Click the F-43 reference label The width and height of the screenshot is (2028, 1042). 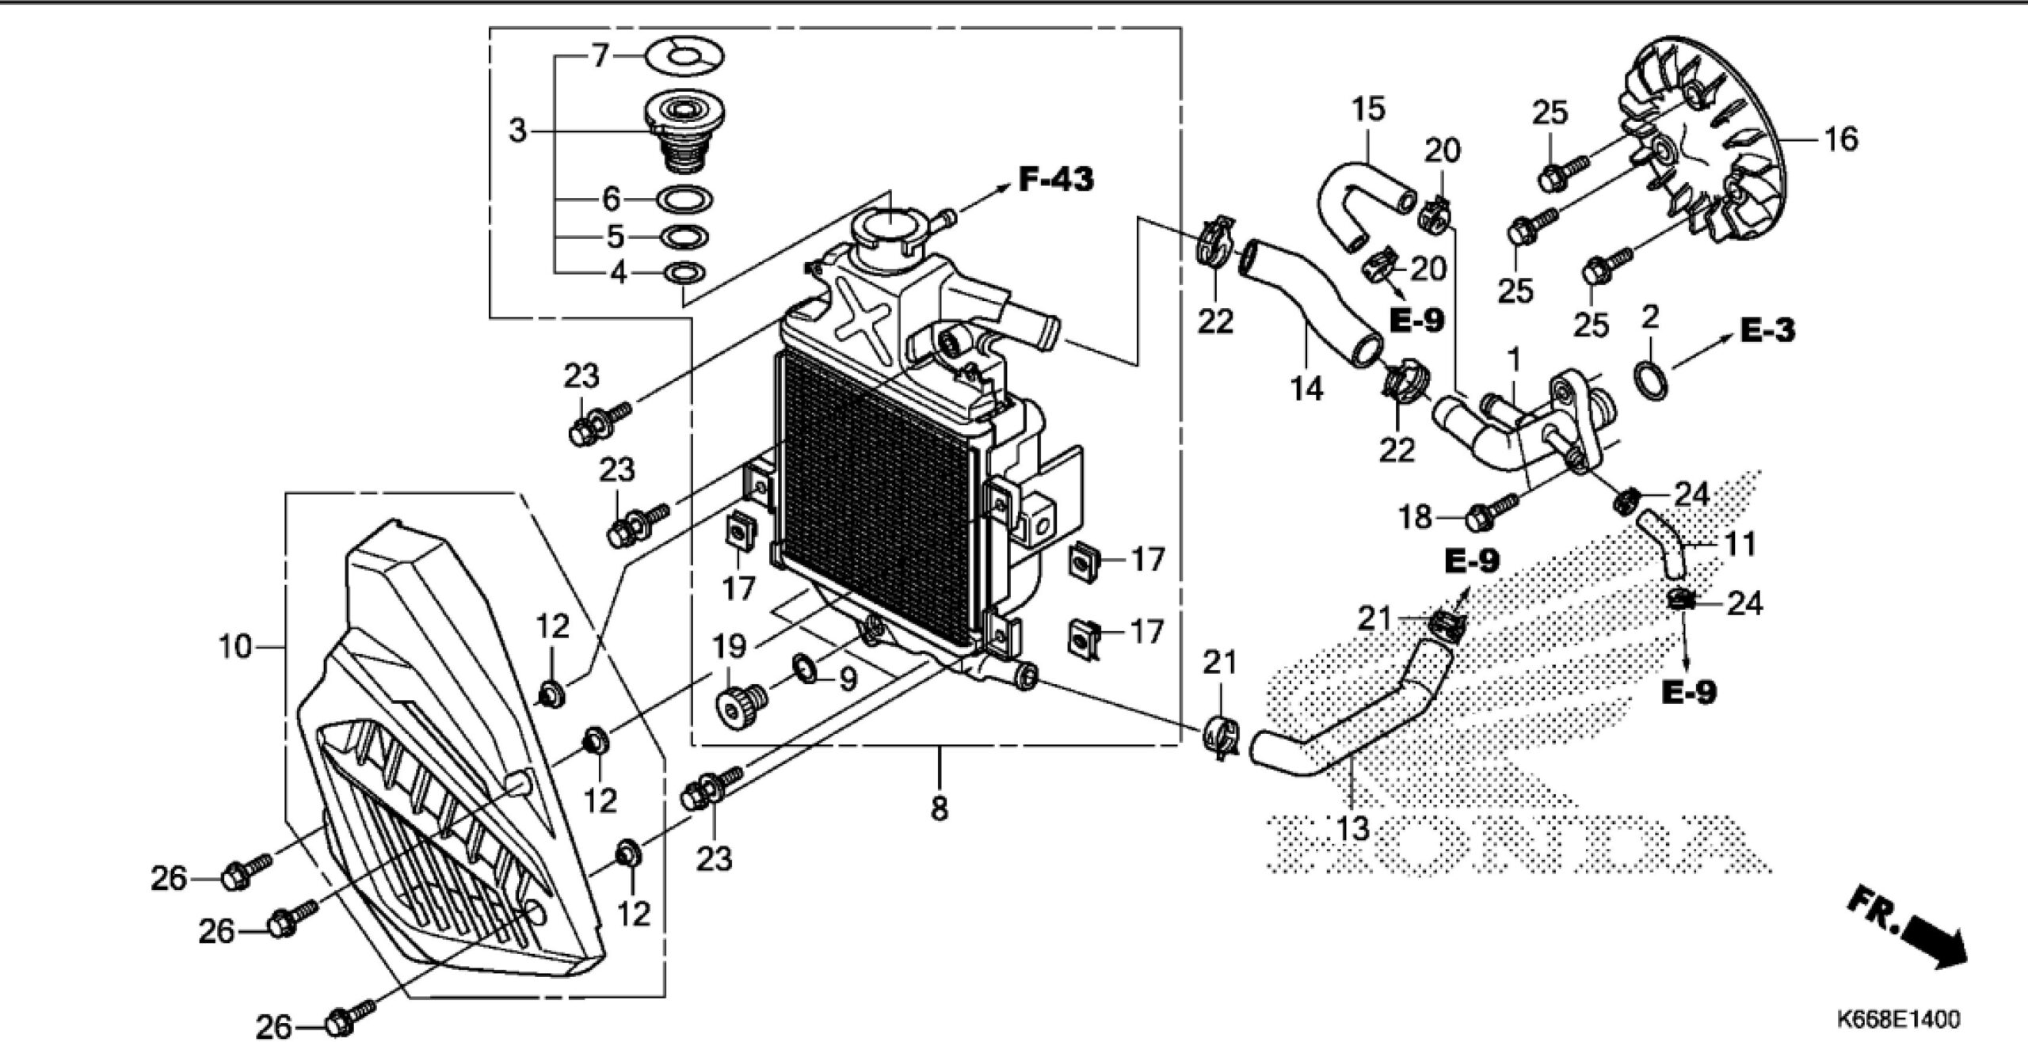[x=1055, y=180]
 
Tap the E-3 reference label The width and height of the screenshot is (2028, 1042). [x=1768, y=330]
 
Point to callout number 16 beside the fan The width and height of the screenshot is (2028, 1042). [x=1840, y=139]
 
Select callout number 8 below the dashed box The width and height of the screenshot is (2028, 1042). [x=939, y=808]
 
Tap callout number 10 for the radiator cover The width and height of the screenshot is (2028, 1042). [x=235, y=647]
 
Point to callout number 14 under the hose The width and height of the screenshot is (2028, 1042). [x=1306, y=389]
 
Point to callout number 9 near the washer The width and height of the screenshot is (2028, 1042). [x=848, y=679]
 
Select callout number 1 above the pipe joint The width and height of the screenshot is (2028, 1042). [x=1514, y=360]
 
